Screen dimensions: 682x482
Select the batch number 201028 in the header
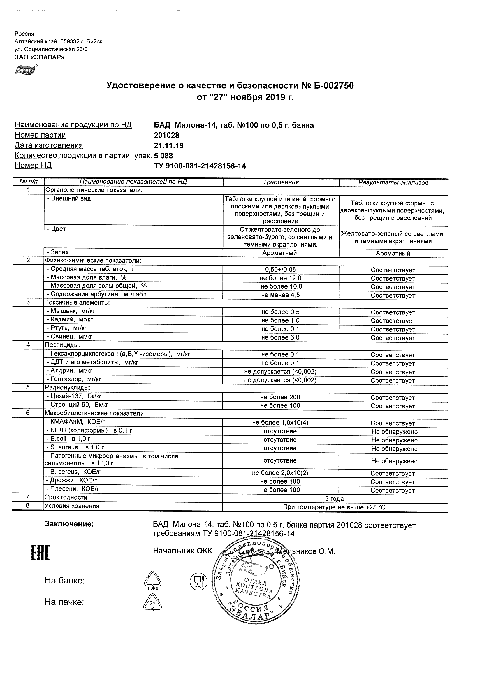point(167,136)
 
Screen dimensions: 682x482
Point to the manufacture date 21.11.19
point(169,145)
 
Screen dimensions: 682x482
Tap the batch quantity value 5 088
point(163,156)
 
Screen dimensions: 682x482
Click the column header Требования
point(281,182)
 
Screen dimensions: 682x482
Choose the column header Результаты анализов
point(393,183)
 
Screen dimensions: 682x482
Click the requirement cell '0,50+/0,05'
point(280,270)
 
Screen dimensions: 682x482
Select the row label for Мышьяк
point(71,311)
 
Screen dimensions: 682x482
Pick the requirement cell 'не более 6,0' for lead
point(280,338)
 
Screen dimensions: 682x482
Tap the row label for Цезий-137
point(74,396)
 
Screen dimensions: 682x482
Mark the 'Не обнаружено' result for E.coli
point(394,440)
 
